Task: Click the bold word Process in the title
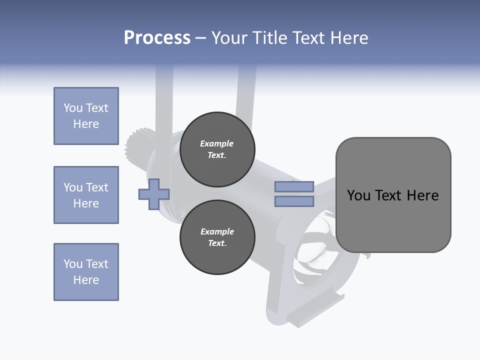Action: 157,38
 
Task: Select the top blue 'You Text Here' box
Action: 86,116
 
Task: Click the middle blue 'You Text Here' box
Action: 86,195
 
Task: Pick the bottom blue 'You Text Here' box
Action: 86,272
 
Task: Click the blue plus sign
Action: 154,194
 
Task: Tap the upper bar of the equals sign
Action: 294,187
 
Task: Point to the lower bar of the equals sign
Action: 294,201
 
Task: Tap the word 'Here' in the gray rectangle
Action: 422,195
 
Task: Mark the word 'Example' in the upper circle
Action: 217,143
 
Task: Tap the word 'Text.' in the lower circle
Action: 217,243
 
